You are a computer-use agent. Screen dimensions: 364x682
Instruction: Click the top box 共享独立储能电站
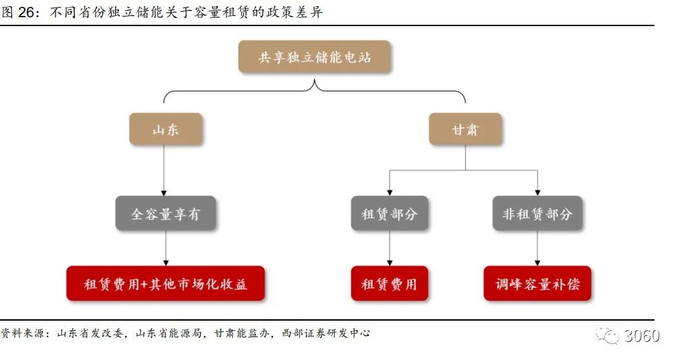pyautogui.click(x=314, y=57)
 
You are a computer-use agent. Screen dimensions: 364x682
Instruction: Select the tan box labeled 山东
pyautogui.click(x=165, y=129)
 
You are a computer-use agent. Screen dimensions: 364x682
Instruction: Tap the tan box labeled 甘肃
pyautogui.click(x=465, y=129)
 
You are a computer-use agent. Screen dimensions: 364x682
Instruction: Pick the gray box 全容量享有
pyautogui.click(x=165, y=213)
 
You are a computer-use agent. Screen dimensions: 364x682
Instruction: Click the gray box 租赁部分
pyautogui.click(x=389, y=213)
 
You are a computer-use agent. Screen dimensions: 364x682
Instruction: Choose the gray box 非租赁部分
pyautogui.click(x=537, y=213)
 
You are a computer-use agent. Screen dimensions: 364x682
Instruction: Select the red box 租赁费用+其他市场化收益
pyautogui.click(x=165, y=283)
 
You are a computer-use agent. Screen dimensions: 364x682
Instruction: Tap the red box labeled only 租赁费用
pyautogui.click(x=389, y=283)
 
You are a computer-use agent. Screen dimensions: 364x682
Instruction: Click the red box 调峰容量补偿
pyautogui.click(x=537, y=283)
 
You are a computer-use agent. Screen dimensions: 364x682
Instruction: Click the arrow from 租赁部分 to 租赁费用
pyautogui.click(x=390, y=248)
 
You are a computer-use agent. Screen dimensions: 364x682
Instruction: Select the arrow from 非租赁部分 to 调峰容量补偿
pyautogui.click(x=537, y=248)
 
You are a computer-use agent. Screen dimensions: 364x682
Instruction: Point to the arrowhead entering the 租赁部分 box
pyautogui.click(x=390, y=192)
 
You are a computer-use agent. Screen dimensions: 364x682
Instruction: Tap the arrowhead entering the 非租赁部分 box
pyautogui.click(x=537, y=192)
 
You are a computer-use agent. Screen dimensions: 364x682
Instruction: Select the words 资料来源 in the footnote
pyautogui.click(x=23, y=334)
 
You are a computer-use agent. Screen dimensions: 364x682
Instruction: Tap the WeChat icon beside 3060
pyautogui.click(x=610, y=336)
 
